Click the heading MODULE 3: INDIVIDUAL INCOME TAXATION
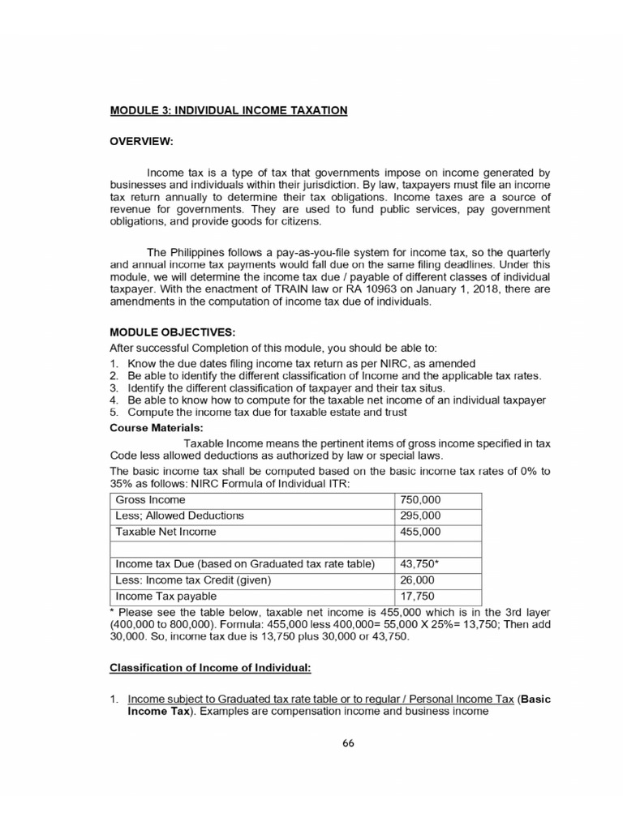point(228,109)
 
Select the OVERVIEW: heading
point(141,141)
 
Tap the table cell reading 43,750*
point(420,564)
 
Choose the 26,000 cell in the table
point(418,580)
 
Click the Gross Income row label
point(151,500)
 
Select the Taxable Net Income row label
point(166,532)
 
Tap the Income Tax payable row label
point(167,597)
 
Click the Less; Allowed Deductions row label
point(180,516)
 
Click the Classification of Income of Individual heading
point(210,669)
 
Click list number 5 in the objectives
point(114,413)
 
